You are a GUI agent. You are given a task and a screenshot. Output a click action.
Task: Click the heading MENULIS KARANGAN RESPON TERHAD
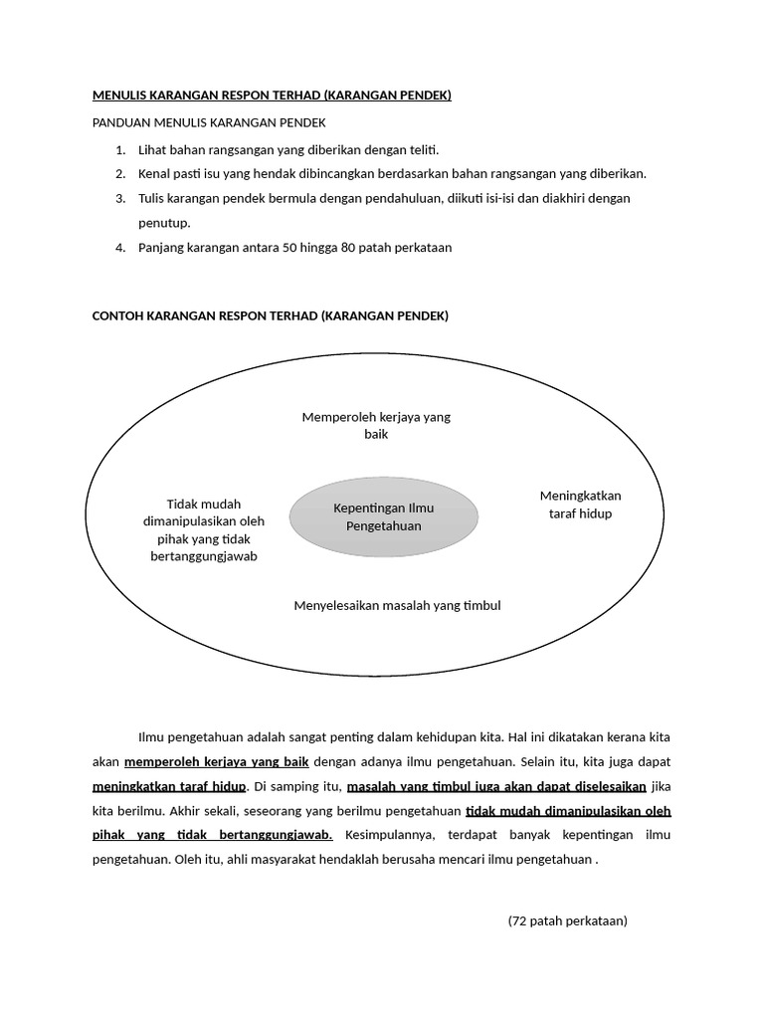click(x=272, y=96)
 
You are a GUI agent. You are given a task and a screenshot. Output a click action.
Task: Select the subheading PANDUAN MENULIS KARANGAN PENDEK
click(x=208, y=122)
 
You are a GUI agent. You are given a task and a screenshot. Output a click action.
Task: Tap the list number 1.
click(x=119, y=150)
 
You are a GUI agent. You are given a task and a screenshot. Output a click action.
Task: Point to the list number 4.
click(x=119, y=248)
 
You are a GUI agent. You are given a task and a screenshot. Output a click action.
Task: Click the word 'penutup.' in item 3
click(x=163, y=223)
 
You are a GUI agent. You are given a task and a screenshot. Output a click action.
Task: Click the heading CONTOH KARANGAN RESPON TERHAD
click(x=270, y=316)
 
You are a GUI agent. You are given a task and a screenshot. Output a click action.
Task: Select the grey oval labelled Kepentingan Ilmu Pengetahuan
click(x=383, y=516)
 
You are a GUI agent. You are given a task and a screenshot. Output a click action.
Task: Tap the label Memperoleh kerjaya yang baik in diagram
click(x=376, y=426)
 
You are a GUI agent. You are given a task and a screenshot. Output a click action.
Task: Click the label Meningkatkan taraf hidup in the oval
click(x=580, y=505)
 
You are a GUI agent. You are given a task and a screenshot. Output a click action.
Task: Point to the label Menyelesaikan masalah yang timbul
click(x=397, y=605)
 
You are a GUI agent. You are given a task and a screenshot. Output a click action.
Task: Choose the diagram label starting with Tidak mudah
click(x=203, y=529)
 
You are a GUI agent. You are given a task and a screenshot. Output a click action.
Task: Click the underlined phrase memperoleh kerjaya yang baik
click(x=217, y=762)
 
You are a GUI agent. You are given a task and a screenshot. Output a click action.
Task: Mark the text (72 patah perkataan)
click(x=567, y=920)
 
